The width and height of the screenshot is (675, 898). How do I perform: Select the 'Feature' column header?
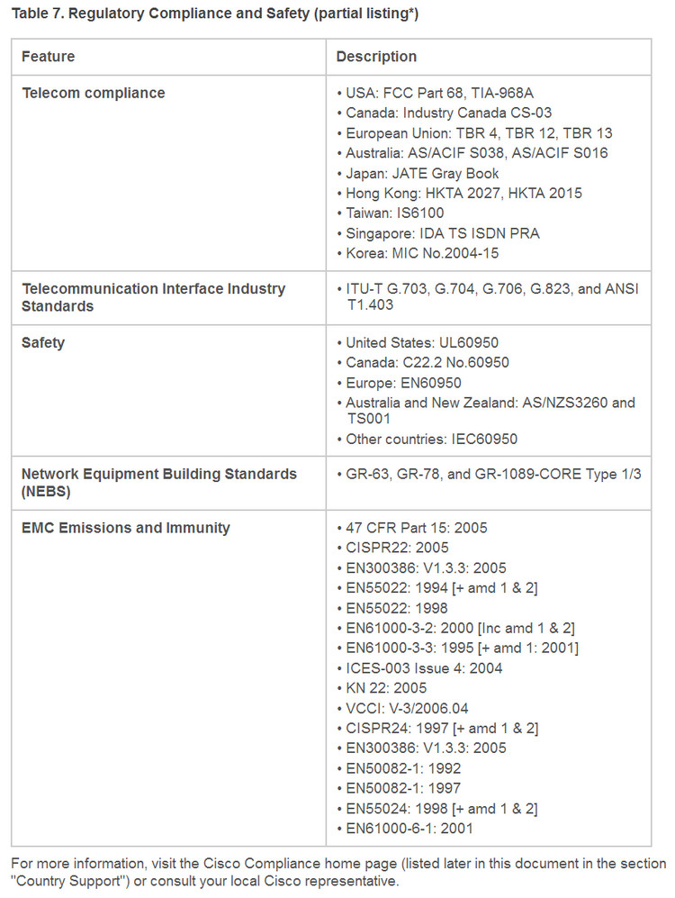tap(49, 57)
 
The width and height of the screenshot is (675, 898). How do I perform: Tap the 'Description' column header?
tap(376, 57)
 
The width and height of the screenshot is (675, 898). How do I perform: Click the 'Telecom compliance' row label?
tap(94, 93)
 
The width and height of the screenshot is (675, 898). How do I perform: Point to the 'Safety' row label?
tap(43, 343)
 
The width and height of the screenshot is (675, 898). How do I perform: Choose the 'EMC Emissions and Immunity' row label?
tap(126, 528)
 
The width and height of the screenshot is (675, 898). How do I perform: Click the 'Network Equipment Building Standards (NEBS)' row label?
tap(158, 482)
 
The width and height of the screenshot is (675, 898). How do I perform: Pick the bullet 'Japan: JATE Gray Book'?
tap(422, 173)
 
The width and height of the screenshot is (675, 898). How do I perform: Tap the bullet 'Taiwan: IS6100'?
tap(395, 213)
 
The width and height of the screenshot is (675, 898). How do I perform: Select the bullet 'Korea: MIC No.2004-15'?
tap(422, 253)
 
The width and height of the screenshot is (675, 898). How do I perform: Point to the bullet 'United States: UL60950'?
tap(422, 343)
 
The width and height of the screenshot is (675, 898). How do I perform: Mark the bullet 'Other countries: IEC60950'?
tap(432, 440)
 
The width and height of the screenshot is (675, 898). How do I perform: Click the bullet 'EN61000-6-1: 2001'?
tap(409, 829)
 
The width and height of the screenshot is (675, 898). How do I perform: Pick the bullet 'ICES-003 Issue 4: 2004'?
tap(424, 668)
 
